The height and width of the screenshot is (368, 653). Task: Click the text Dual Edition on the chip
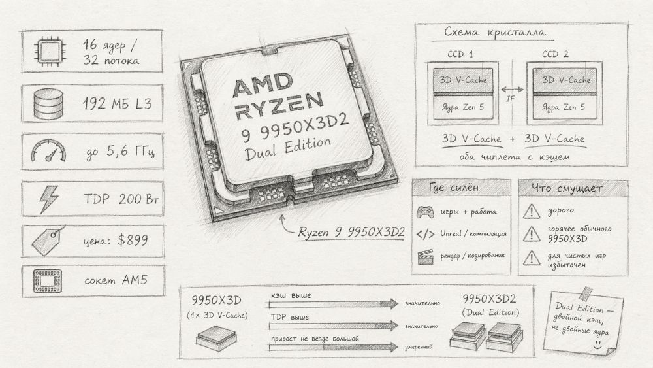pyautogui.click(x=287, y=148)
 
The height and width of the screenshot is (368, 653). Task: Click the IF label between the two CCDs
pyautogui.click(x=512, y=99)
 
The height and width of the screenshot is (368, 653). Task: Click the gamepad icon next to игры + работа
pyautogui.click(x=425, y=212)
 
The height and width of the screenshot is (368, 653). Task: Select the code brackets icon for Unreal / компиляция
pyautogui.click(x=425, y=233)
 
